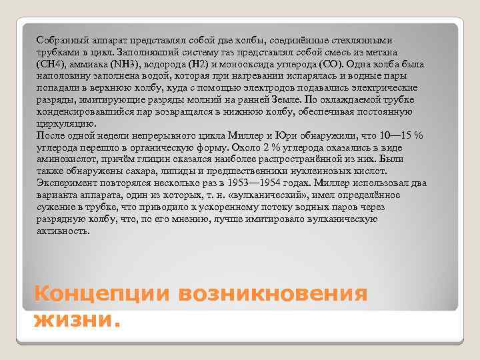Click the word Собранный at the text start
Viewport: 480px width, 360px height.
[x=61, y=39]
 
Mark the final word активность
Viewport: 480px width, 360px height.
[x=63, y=231]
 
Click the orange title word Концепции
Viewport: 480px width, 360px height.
[x=95, y=294]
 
